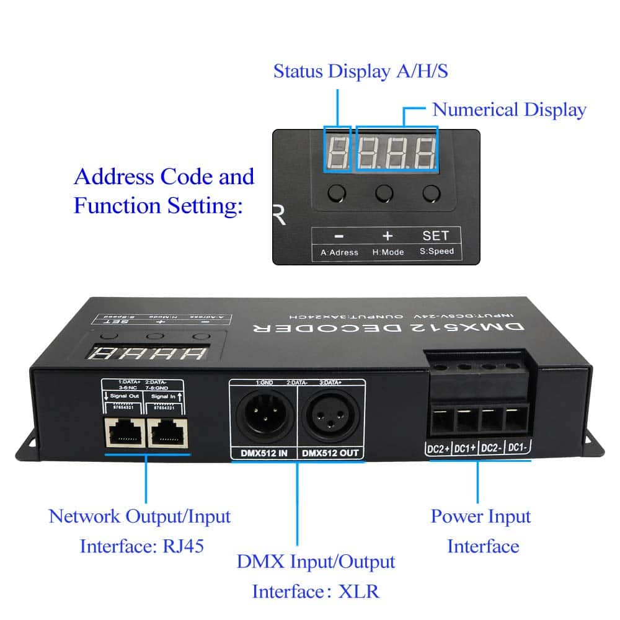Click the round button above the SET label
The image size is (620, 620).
tap(431, 193)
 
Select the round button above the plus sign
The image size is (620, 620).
tap(384, 193)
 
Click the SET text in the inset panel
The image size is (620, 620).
tap(435, 236)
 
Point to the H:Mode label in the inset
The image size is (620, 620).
tap(388, 252)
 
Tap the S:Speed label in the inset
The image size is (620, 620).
tap(436, 252)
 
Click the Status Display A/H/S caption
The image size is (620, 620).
tap(360, 71)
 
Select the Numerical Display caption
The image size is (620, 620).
tap(508, 110)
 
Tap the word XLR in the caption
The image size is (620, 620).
tap(358, 591)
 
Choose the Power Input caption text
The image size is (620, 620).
tap(480, 516)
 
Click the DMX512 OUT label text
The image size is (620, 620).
tap(330, 453)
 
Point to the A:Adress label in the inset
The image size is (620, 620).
tap(339, 252)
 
